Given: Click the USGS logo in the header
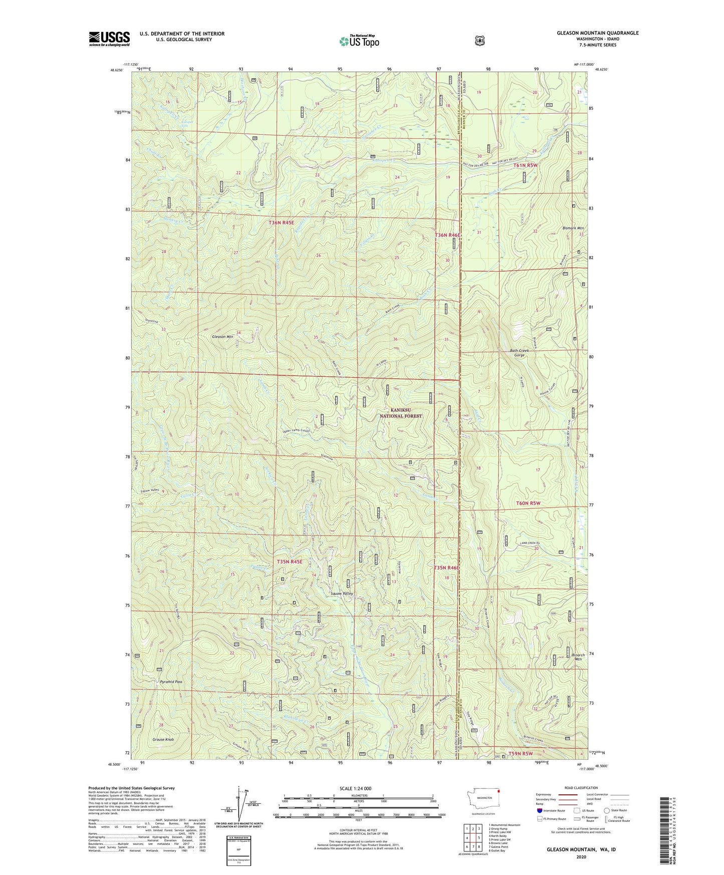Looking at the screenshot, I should coord(109,39).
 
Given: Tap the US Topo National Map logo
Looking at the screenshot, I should coord(359,41).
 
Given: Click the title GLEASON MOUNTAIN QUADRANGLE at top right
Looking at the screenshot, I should coord(597,33).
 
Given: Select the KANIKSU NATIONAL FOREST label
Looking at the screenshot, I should coord(400,413).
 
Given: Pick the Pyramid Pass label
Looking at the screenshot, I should coord(171,682).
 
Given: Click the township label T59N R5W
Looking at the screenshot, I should coord(521,754).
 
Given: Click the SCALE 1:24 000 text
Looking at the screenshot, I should coord(355,788).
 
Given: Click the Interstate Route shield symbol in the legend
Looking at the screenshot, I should coord(539,810).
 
